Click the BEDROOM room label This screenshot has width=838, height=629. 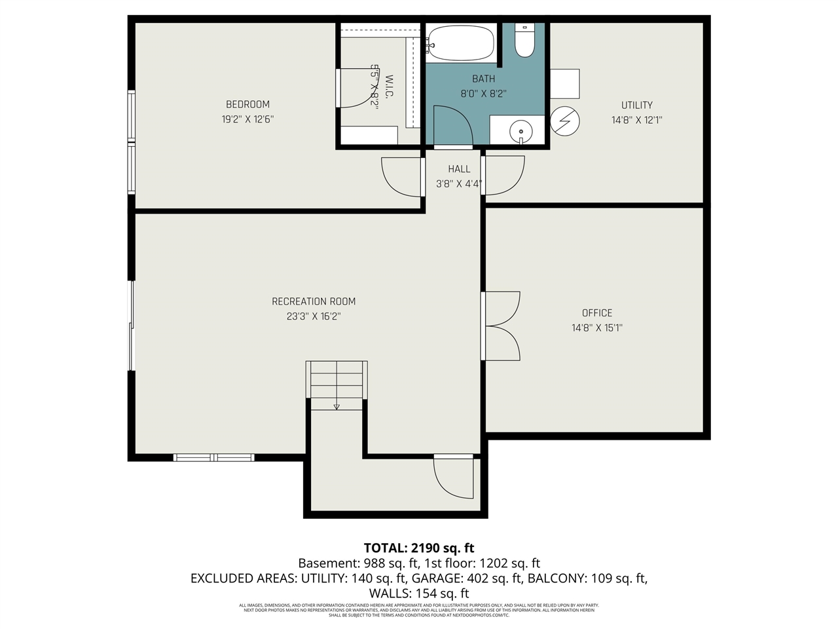[247, 104]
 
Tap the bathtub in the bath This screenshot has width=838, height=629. [462, 43]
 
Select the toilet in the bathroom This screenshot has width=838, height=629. [524, 41]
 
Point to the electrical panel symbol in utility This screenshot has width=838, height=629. [565, 121]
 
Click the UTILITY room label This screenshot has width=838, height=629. [636, 105]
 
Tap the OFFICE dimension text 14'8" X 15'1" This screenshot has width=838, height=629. [596, 328]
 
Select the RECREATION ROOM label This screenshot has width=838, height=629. [314, 301]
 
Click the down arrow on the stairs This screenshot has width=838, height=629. [337, 406]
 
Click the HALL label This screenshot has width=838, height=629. [459, 169]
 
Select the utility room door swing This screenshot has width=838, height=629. [504, 176]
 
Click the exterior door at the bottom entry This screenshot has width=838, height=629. [454, 478]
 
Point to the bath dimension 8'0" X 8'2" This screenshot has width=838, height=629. [483, 94]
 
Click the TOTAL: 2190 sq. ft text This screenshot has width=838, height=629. [419, 548]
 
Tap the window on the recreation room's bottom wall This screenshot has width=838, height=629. [214, 457]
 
